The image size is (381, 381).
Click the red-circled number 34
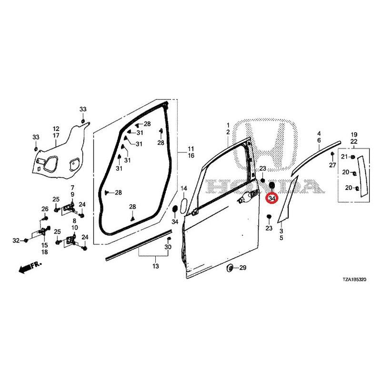[x=272, y=199]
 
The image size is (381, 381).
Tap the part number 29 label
[x=243, y=268]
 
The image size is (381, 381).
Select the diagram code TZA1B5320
[x=354, y=280]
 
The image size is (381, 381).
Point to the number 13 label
[x=156, y=266]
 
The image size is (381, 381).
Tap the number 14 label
[x=184, y=188]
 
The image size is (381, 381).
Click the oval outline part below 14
[x=184, y=206]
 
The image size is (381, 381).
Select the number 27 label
[x=332, y=165]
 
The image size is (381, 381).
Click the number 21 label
[x=344, y=157]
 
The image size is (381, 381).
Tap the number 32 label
[x=16, y=241]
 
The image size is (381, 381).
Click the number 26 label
[x=45, y=209]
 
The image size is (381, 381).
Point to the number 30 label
[x=168, y=247]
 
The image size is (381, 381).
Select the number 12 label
[x=56, y=129]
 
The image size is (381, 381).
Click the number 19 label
[x=354, y=134]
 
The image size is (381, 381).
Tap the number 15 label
[x=44, y=245]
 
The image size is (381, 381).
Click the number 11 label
[x=191, y=149]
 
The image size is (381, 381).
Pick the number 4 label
[x=319, y=134]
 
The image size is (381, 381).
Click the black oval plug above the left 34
[x=174, y=209]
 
